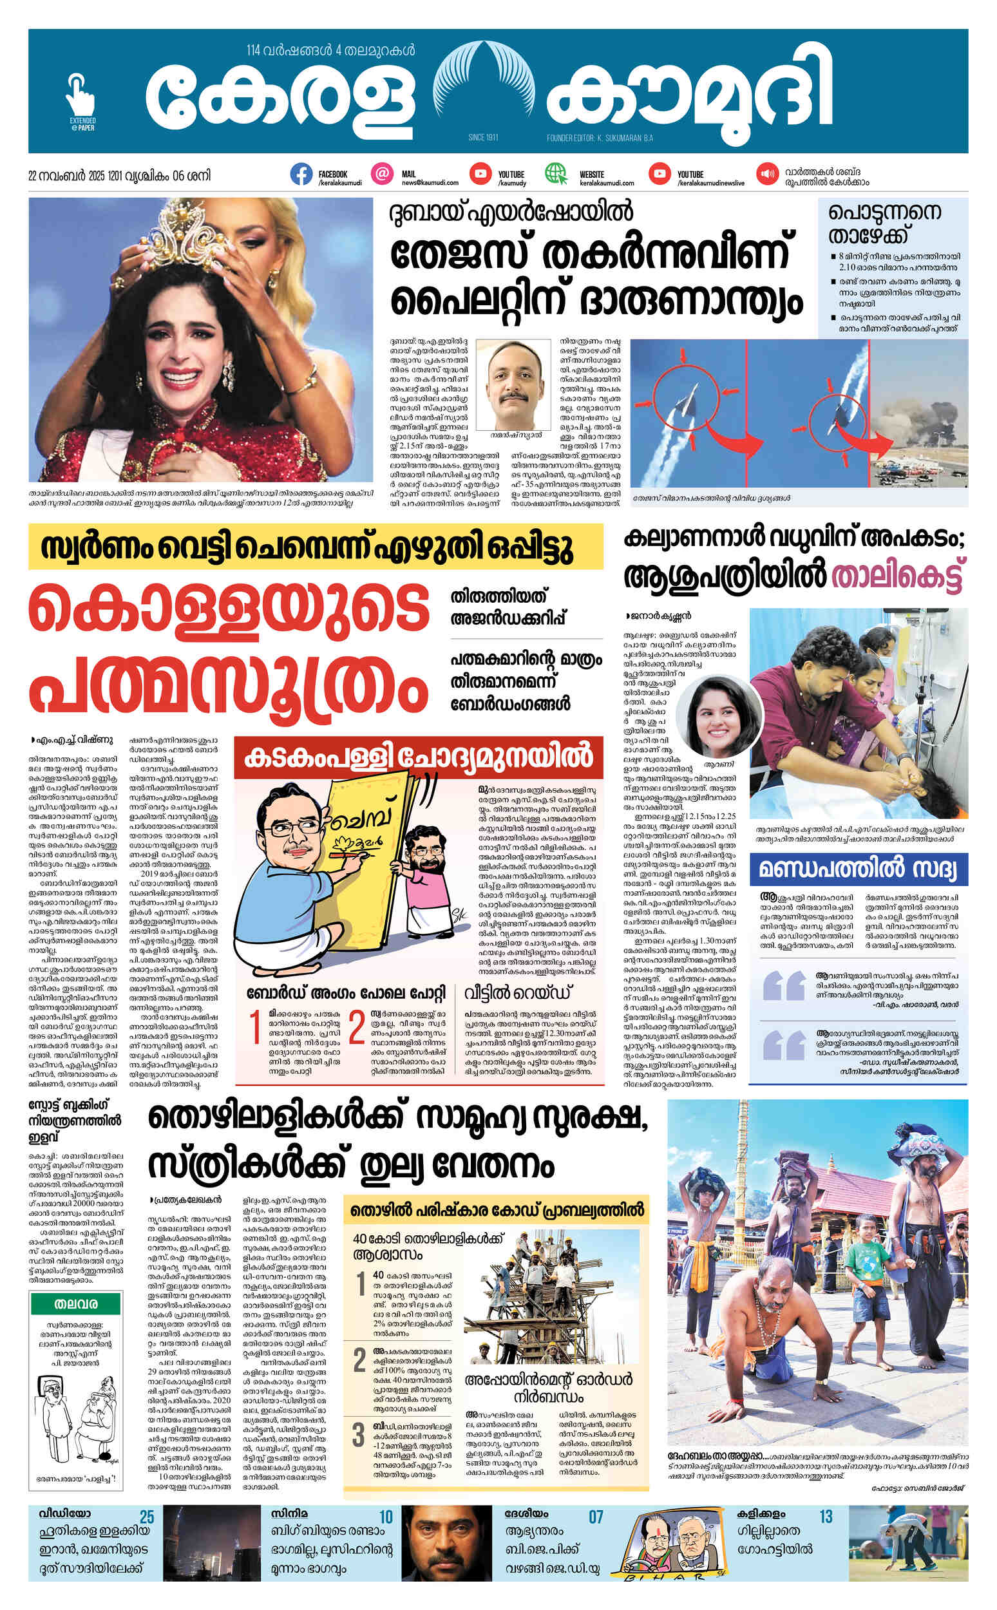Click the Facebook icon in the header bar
coord(301,174)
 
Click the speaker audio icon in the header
coord(766,174)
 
